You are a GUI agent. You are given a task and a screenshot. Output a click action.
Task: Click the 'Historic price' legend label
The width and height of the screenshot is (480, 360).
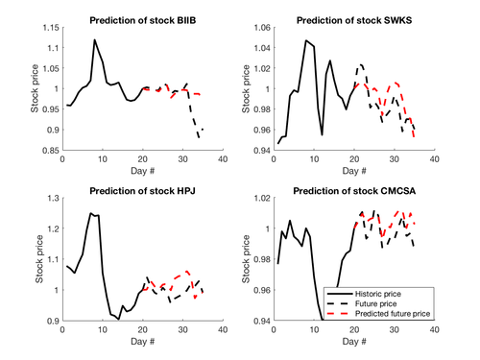(x=382, y=289)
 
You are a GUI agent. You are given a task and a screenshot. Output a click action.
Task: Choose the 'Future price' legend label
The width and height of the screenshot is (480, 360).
(x=378, y=300)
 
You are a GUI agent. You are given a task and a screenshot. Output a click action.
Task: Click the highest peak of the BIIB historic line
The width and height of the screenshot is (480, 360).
(x=94, y=40)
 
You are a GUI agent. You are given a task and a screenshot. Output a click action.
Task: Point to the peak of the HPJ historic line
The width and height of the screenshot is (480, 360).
(x=91, y=213)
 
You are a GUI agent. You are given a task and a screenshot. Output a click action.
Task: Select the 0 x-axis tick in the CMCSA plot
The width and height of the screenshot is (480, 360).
(x=275, y=327)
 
